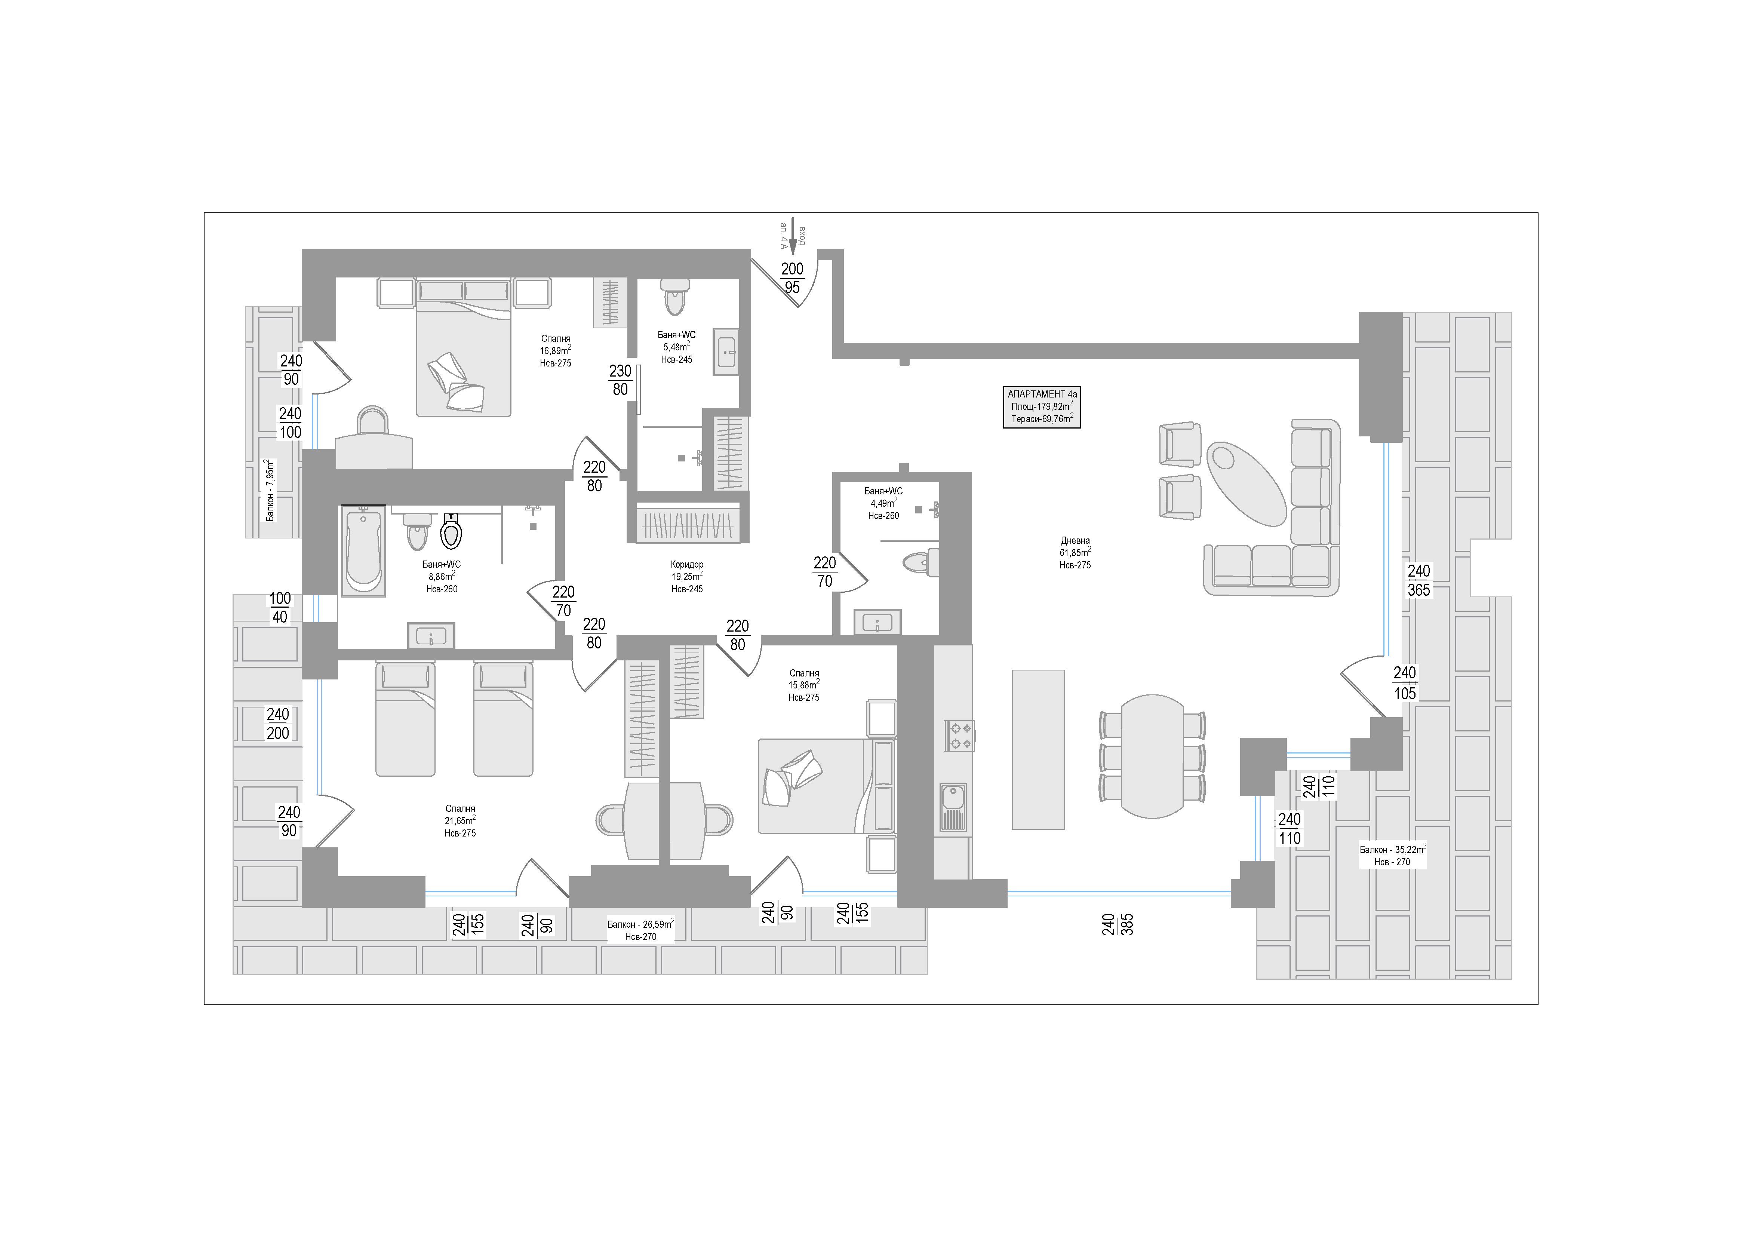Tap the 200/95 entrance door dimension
click(x=792, y=278)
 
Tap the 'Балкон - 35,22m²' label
click(x=1392, y=855)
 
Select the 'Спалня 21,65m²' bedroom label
click(x=460, y=821)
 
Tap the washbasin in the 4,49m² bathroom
click(x=877, y=622)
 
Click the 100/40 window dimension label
click(x=280, y=608)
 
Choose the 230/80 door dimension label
click(x=620, y=380)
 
